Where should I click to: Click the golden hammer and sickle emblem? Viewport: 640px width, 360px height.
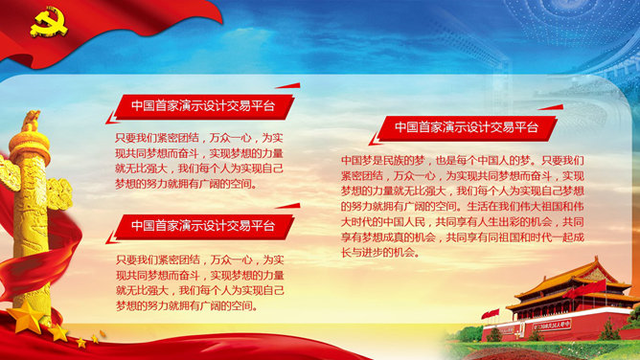(49, 23)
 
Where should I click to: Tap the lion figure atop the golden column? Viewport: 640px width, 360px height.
(31, 121)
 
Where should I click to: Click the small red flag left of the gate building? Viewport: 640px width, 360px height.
(491, 314)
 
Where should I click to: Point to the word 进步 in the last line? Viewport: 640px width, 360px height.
(373, 253)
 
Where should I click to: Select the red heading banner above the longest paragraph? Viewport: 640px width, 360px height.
(467, 128)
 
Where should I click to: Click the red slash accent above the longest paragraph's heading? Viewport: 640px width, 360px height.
(552, 107)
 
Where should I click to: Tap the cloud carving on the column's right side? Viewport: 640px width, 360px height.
(59, 193)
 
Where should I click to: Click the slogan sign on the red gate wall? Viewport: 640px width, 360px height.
(552, 325)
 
